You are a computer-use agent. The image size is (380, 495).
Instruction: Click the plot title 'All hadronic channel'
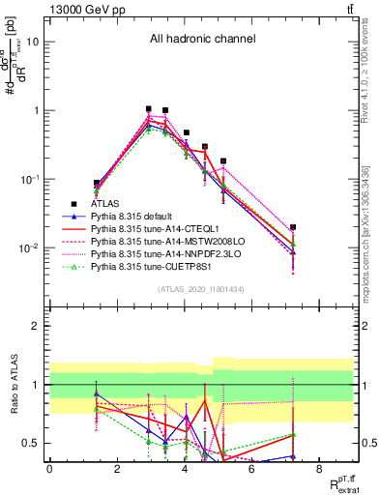(202, 40)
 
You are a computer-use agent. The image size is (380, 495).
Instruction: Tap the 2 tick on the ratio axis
(37, 326)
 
